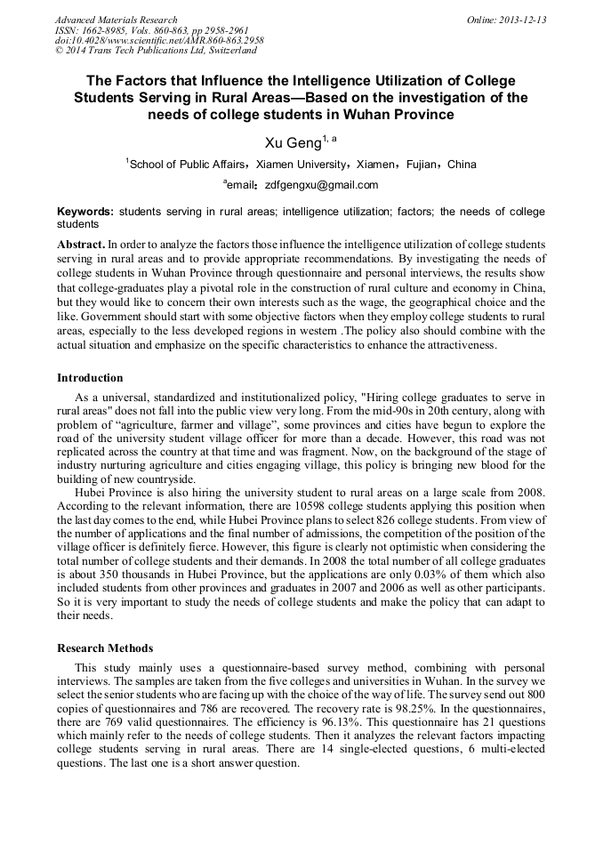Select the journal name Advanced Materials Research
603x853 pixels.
click(116, 20)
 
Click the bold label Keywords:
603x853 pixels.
click(85, 212)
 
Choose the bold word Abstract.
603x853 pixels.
click(80, 244)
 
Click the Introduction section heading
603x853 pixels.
click(90, 378)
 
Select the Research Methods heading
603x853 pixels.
click(105, 648)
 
